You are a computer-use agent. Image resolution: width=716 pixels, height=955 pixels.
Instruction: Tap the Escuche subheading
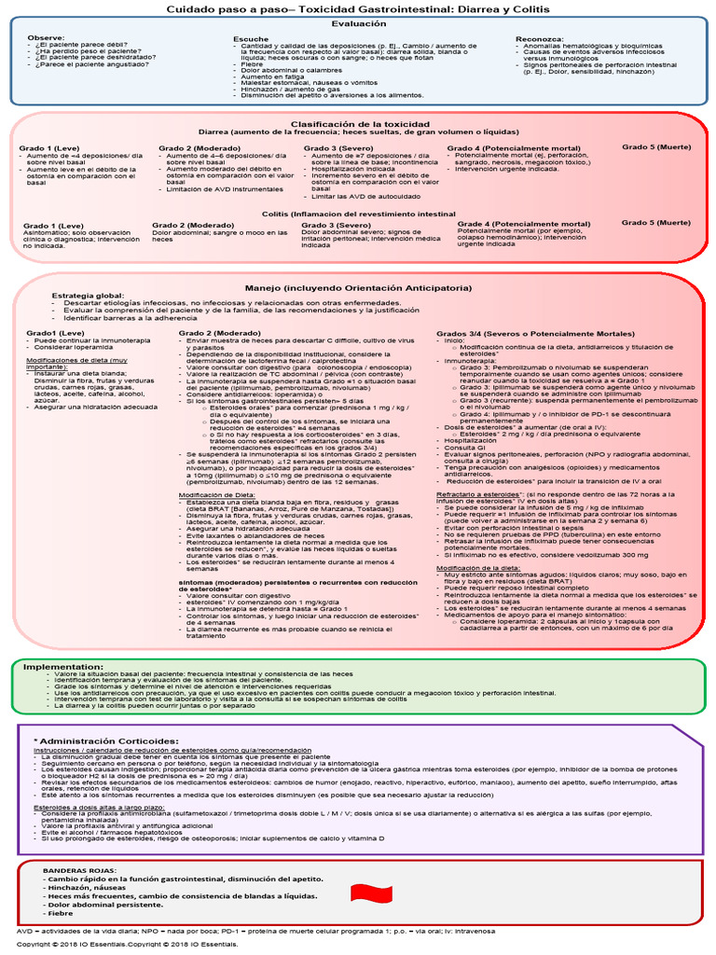[252, 38]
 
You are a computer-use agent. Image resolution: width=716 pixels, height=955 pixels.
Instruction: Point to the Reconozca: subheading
[538, 38]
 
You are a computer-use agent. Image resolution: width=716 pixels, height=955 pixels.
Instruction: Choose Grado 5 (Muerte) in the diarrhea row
[656, 147]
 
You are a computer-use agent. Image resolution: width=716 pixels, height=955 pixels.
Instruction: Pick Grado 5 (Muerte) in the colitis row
[656, 222]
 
